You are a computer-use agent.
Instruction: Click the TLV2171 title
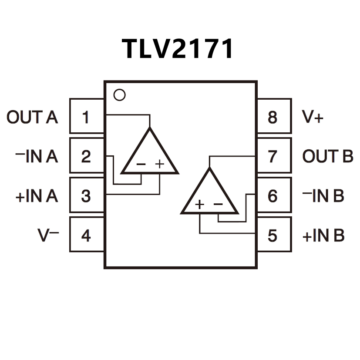(178, 48)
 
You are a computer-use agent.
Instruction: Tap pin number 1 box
(87, 117)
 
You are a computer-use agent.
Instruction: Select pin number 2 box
(87, 156)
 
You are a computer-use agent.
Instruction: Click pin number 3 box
(87, 196)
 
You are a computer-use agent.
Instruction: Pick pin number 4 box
(87, 236)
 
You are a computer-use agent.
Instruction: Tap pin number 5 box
(273, 236)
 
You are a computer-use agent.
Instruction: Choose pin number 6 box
(273, 196)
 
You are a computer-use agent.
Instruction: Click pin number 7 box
(273, 156)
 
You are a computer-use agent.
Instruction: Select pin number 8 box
(273, 117)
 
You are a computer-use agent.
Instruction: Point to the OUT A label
(33, 117)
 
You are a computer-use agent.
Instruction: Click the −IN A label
(36, 156)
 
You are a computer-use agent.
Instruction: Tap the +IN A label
(37, 196)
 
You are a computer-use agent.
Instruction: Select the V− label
(48, 236)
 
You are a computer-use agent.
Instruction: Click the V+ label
(313, 117)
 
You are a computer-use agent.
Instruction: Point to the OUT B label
(328, 156)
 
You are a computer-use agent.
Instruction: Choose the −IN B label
(323, 196)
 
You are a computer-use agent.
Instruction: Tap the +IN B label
(323, 236)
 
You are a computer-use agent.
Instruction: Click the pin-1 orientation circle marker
(119, 95)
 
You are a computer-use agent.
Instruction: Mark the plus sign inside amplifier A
(160, 164)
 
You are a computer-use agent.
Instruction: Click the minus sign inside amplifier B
(219, 204)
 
